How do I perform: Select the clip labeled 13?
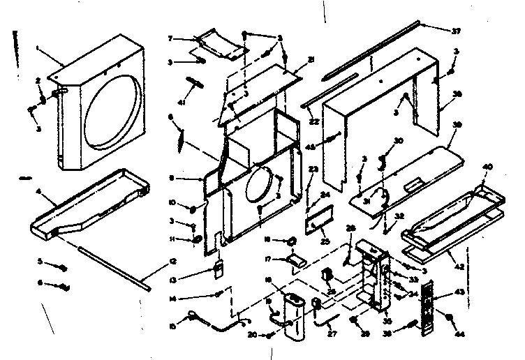218,269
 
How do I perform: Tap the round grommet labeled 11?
198,241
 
